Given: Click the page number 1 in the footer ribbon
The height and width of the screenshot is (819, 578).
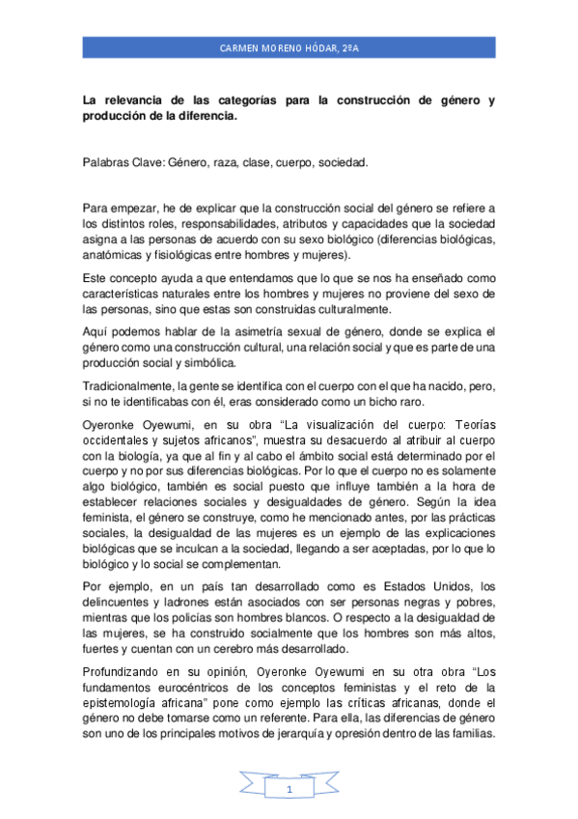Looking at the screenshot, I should click(x=289, y=791).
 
